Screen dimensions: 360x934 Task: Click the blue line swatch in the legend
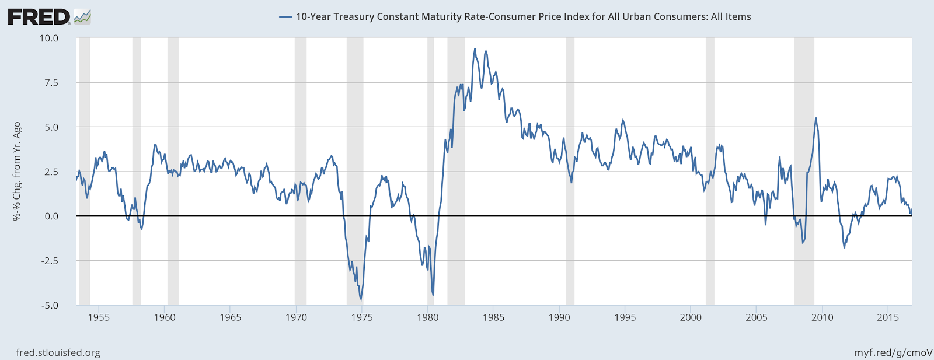(285, 17)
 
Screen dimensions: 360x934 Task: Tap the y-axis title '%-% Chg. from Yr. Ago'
(17, 171)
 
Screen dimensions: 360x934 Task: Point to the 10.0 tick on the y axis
(49, 38)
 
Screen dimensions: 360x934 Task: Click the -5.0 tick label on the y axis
(50, 305)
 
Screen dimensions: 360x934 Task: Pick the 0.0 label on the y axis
(51, 216)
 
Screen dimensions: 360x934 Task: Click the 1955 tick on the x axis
(99, 317)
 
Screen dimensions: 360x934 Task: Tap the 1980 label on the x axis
(428, 317)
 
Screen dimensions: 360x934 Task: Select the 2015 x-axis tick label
(888, 317)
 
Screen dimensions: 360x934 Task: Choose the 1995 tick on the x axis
(625, 317)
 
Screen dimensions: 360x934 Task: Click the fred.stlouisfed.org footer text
(58, 352)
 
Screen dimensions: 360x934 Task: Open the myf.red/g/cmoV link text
(893, 352)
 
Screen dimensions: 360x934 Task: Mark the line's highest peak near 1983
(475, 49)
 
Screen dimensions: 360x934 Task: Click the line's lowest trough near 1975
(361, 299)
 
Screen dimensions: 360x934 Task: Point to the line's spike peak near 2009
(815, 118)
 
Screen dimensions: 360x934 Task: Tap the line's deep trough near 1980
(433, 295)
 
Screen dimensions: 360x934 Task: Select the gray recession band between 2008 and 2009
(804, 169)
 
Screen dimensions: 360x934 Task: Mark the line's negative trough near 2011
(844, 248)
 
